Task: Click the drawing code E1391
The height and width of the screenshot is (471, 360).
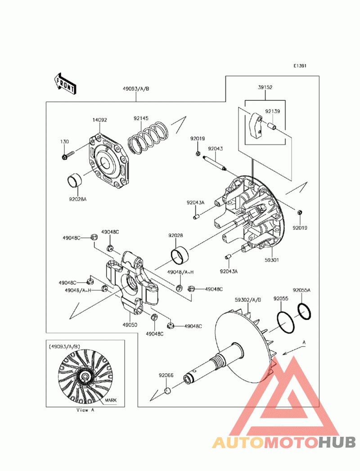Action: (x=300, y=66)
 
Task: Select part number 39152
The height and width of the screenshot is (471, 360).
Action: (x=265, y=88)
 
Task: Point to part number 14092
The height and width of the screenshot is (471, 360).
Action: (x=99, y=120)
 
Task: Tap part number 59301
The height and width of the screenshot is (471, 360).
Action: (x=271, y=260)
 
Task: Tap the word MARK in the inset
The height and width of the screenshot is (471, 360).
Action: (x=111, y=399)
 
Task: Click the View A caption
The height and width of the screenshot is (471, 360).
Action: (x=85, y=410)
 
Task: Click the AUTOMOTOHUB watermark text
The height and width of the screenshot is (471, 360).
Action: (x=284, y=442)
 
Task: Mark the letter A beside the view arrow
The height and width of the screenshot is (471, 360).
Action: (x=304, y=342)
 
